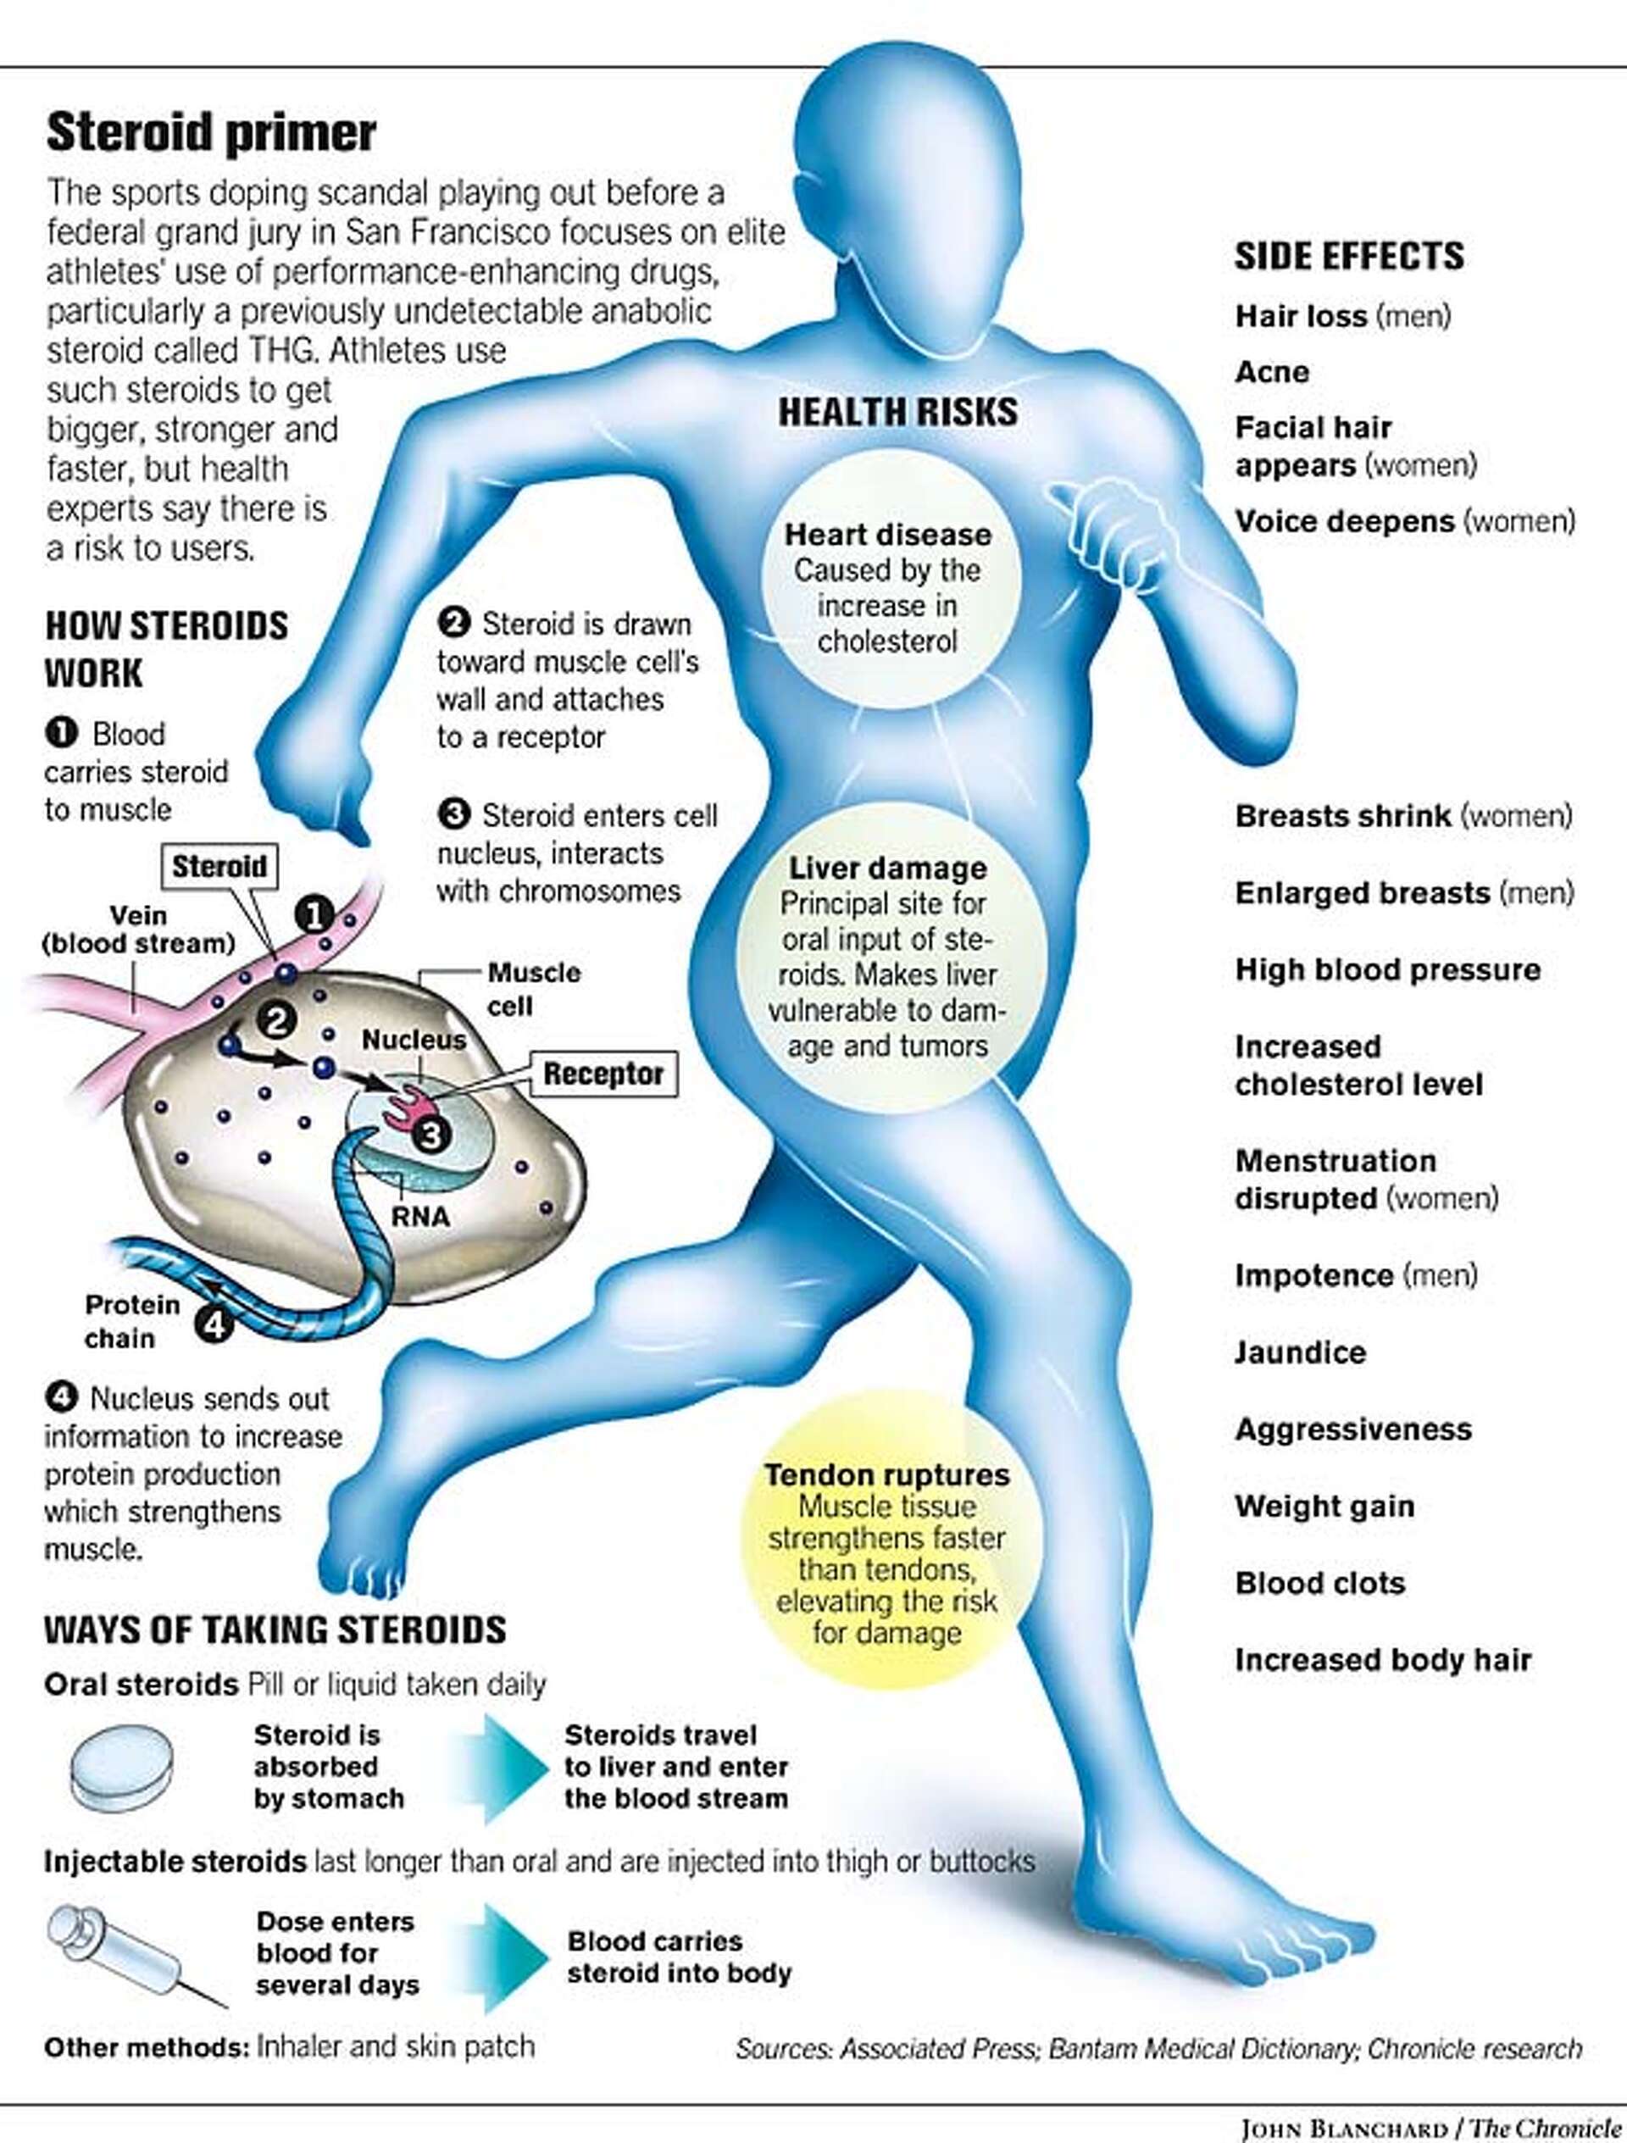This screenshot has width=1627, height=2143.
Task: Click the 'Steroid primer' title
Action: click(211, 133)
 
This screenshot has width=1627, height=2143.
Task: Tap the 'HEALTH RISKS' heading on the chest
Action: click(897, 412)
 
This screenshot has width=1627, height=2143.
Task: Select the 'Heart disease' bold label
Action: click(887, 535)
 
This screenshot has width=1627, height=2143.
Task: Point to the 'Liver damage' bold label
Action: click(887, 868)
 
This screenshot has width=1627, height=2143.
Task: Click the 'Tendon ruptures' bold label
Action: click(886, 1474)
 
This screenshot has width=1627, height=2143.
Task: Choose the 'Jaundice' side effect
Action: click(1299, 1352)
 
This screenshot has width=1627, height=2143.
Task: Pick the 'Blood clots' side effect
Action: click(1319, 1583)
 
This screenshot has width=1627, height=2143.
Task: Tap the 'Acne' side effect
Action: click(1271, 372)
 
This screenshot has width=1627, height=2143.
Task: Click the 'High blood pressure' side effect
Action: click(1386, 969)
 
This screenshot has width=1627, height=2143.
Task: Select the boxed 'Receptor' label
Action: click(603, 1074)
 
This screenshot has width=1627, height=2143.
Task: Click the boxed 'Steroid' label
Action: click(219, 866)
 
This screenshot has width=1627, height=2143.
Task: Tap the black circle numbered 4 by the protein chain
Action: click(215, 1324)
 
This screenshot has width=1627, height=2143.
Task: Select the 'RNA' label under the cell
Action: click(420, 1217)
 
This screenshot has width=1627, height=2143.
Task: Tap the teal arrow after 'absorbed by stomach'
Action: click(504, 1768)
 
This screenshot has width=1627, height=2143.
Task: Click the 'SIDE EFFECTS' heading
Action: click(1348, 257)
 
